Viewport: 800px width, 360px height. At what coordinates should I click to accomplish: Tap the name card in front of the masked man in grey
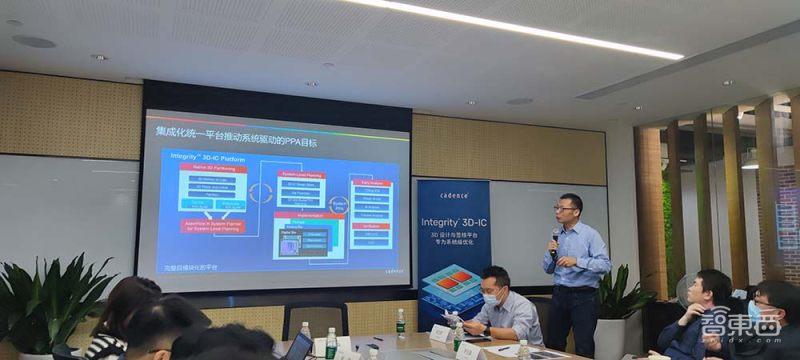441,334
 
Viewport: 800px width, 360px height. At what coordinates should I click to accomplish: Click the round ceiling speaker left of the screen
34,41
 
